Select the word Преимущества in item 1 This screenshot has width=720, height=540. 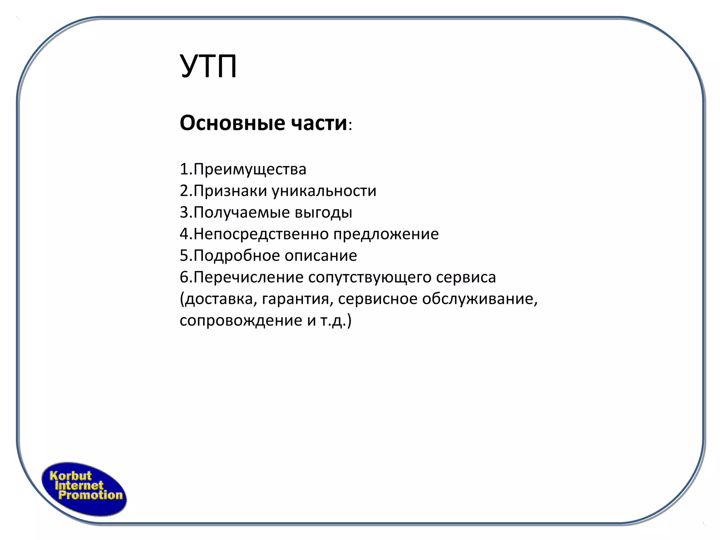coord(250,169)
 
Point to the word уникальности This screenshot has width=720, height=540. coord(324,191)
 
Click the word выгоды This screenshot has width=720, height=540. coord(323,212)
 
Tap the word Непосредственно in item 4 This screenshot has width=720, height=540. coord(261,234)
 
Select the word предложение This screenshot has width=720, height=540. coord(386,234)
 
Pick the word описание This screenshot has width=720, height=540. coord(321,256)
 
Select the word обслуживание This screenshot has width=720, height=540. coord(480,299)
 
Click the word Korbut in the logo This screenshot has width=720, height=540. coord(70,476)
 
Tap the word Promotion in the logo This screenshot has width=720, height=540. coord(90,495)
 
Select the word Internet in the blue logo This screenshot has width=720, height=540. coord(79,486)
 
